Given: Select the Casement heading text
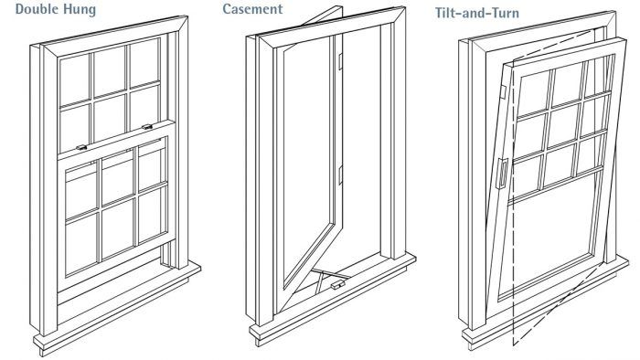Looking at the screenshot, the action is pos(252,9).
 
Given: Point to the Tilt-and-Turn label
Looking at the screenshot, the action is pos(477,13).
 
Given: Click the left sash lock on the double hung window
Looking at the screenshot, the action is pos(81,147).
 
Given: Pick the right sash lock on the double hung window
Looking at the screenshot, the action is pos(147,127).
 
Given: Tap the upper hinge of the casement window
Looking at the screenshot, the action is pos(340,61).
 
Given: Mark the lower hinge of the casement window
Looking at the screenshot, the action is pos(340,175).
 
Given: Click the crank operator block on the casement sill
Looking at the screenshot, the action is pos(337,285).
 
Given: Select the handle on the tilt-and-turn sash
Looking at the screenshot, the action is pos(503,174).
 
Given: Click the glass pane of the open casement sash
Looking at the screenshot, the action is pos(309,156).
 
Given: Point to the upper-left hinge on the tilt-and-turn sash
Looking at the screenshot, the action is pos(503,92).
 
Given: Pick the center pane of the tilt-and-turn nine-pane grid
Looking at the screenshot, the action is pos(562,126).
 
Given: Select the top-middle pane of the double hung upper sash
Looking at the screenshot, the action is pos(111,70).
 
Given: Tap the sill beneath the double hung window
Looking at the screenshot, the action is pos(117,308).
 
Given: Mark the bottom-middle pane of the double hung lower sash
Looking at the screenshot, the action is pos(118,228).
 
